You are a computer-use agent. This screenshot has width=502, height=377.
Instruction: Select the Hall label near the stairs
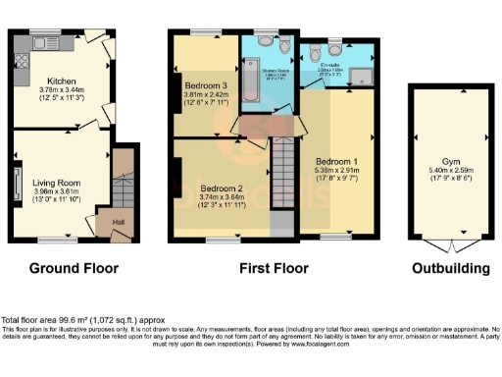[118, 222]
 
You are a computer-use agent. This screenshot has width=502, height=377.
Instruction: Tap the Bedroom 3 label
[205, 85]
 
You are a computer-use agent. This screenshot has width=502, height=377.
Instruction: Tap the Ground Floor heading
[74, 268]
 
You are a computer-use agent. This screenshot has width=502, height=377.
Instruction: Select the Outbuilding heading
[449, 268]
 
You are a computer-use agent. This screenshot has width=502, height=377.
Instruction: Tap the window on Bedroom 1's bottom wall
[336, 238]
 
